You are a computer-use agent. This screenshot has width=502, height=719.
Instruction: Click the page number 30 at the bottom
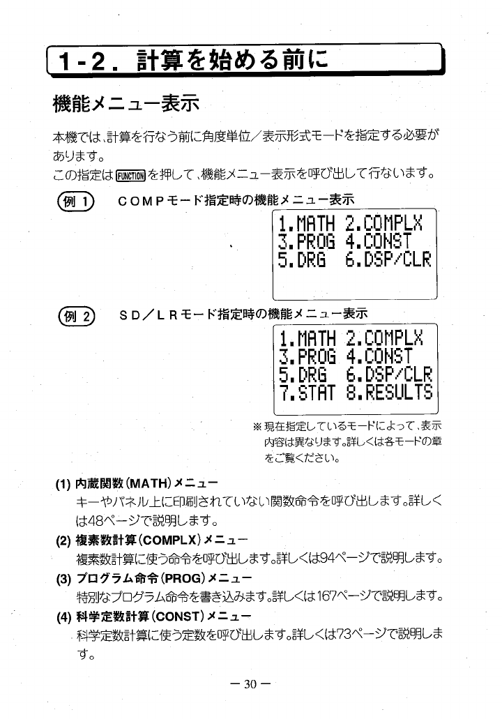tap(250, 683)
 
